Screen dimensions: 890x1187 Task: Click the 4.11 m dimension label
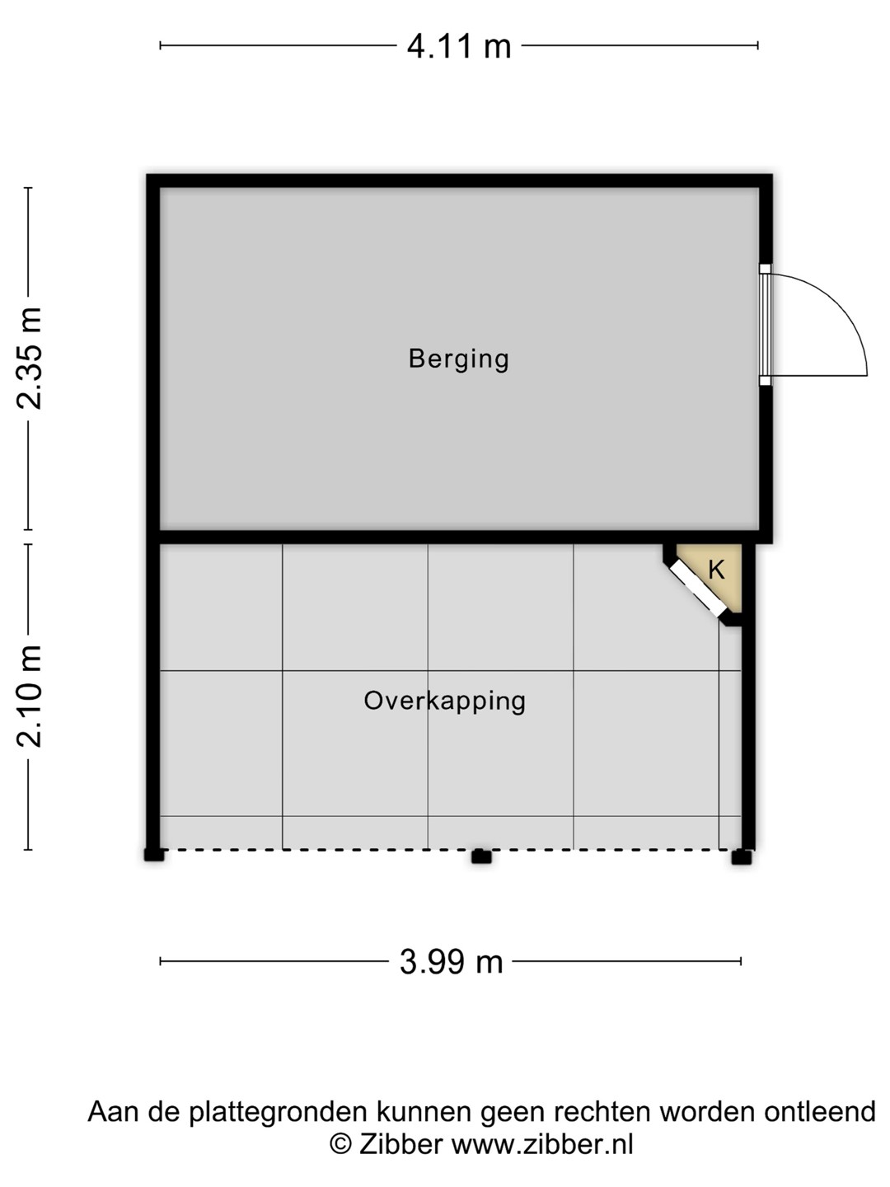click(x=459, y=46)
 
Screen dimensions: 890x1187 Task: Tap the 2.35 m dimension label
click(x=29, y=358)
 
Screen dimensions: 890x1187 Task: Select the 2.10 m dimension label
click(x=29, y=697)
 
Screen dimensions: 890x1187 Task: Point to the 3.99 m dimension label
click(x=452, y=962)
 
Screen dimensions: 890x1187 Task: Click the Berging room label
click(x=459, y=359)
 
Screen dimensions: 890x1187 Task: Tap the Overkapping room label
click(x=445, y=701)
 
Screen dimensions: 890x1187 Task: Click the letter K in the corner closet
click(x=716, y=570)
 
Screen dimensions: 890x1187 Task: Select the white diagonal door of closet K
click(x=699, y=588)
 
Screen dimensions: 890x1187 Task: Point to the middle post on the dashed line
click(x=481, y=856)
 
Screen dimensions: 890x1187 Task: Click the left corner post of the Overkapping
click(x=154, y=855)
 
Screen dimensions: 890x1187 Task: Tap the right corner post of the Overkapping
click(x=742, y=857)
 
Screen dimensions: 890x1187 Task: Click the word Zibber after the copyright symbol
click(x=401, y=1145)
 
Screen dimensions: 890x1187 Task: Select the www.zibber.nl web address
click(x=542, y=1145)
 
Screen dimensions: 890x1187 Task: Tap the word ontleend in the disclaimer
click(x=820, y=1112)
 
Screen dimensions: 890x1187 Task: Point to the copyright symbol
click(x=341, y=1145)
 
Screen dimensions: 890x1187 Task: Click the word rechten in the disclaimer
click(x=602, y=1112)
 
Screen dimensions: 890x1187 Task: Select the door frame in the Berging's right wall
click(x=766, y=325)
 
